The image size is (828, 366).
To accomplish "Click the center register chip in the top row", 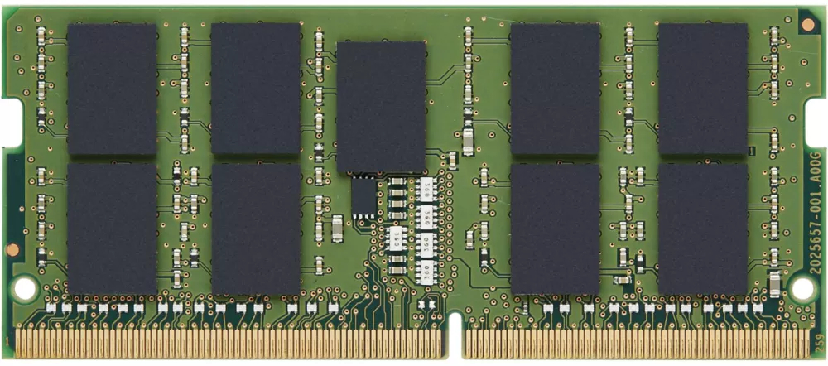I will click(x=381, y=107).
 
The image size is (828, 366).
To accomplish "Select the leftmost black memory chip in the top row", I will click(x=112, y=89).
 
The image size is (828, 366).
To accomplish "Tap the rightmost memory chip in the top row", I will click(x=702, y=89).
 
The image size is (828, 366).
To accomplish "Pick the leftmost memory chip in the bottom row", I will click(x=112, y=229).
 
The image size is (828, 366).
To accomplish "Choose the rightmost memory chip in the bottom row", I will click(x=702, y=229).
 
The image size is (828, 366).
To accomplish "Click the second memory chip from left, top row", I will click(x=255, y=89).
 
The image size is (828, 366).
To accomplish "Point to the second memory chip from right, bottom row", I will click(x=555, y=229).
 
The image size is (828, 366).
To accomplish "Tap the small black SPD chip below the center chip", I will click(x=363, y=198).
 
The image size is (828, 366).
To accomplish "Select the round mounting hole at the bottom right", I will click(x=802, y=287).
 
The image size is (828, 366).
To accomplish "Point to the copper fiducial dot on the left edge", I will click(x=13, y=248).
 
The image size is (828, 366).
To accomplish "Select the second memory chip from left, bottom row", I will click(x=255, y=229).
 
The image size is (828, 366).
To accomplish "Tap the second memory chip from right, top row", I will click(x=555, y=89).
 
